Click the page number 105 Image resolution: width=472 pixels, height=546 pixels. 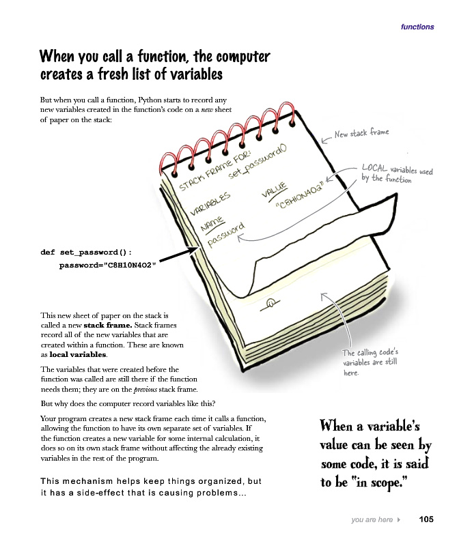426,520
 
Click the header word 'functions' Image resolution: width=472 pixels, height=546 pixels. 417,27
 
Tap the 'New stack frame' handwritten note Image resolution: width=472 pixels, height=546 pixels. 361,134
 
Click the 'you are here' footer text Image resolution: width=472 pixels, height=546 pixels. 372,520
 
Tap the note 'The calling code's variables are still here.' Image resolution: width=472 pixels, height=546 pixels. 370,362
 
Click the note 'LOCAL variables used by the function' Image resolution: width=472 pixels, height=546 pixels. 395,174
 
